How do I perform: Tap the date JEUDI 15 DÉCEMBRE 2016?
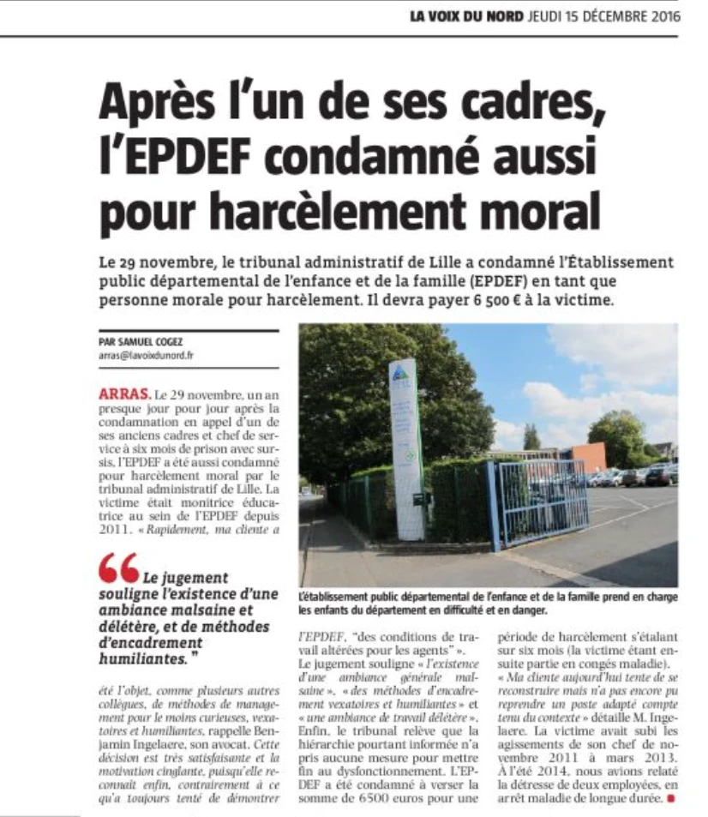[x=603, y=16]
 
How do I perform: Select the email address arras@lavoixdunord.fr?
[x=146, y=353]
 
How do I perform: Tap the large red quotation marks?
[x=118, y=567]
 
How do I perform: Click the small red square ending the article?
[x=672, y=799]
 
